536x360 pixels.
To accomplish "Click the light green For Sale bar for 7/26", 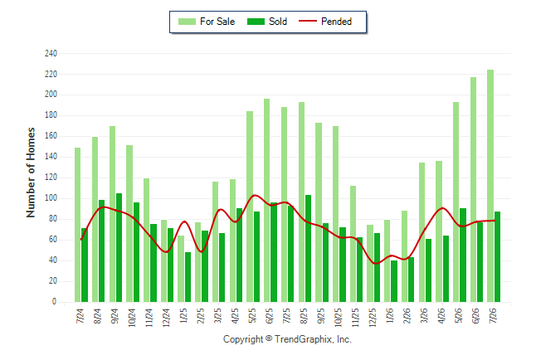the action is [x=490, y=186].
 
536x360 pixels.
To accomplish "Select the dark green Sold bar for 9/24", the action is [x=119, y=248].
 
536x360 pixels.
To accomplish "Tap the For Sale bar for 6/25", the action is [x=266, y=201].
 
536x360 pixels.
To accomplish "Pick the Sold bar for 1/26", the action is [x=394, y=281].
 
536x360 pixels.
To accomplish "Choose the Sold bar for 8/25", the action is [x=308, y=249].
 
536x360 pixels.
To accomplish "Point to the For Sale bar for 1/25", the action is [x=181, y=269].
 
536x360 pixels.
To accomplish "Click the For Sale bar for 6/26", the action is [x=473, y=190].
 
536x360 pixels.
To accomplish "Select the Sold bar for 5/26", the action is [x=463, y=255].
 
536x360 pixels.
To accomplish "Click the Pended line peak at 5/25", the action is [x=255, y=195].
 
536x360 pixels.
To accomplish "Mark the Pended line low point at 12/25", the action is [x=376, y=264].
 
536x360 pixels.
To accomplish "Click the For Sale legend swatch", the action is [x=187, y=22].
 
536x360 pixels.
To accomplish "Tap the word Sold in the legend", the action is [x=278, y=22].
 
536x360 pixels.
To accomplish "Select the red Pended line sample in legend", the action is [x=308, y=21].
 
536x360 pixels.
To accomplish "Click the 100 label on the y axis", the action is [x=51, y=198].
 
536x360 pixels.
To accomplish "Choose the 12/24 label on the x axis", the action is [x=166, y=318].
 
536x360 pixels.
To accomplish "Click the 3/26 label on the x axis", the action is [x=423, y=315].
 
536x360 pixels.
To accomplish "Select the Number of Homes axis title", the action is [x=31, y=173].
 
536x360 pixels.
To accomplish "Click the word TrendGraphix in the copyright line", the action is [x=303, y=339].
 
